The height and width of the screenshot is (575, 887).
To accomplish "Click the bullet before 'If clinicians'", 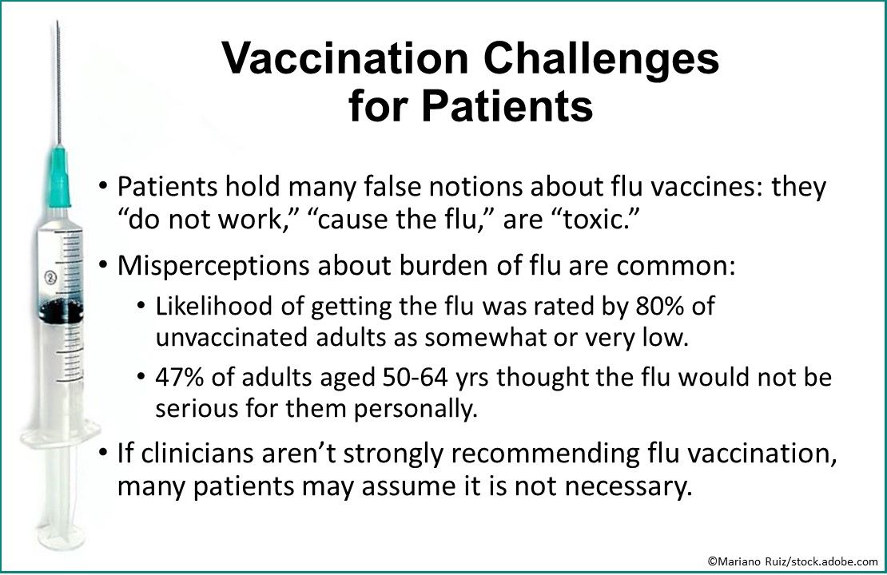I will click(x=104, y=454).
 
